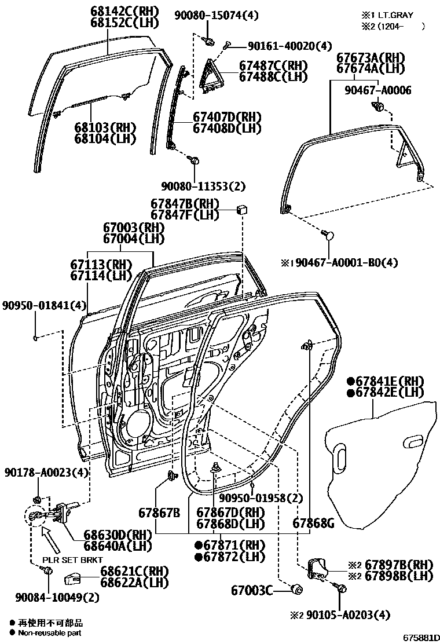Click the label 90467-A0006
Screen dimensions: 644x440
pos(378,90)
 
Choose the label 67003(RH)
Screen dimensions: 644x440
pos(134,228)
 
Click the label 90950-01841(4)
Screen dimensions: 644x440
pos(44,305)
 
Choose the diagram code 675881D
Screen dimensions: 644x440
pos(418,638)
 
